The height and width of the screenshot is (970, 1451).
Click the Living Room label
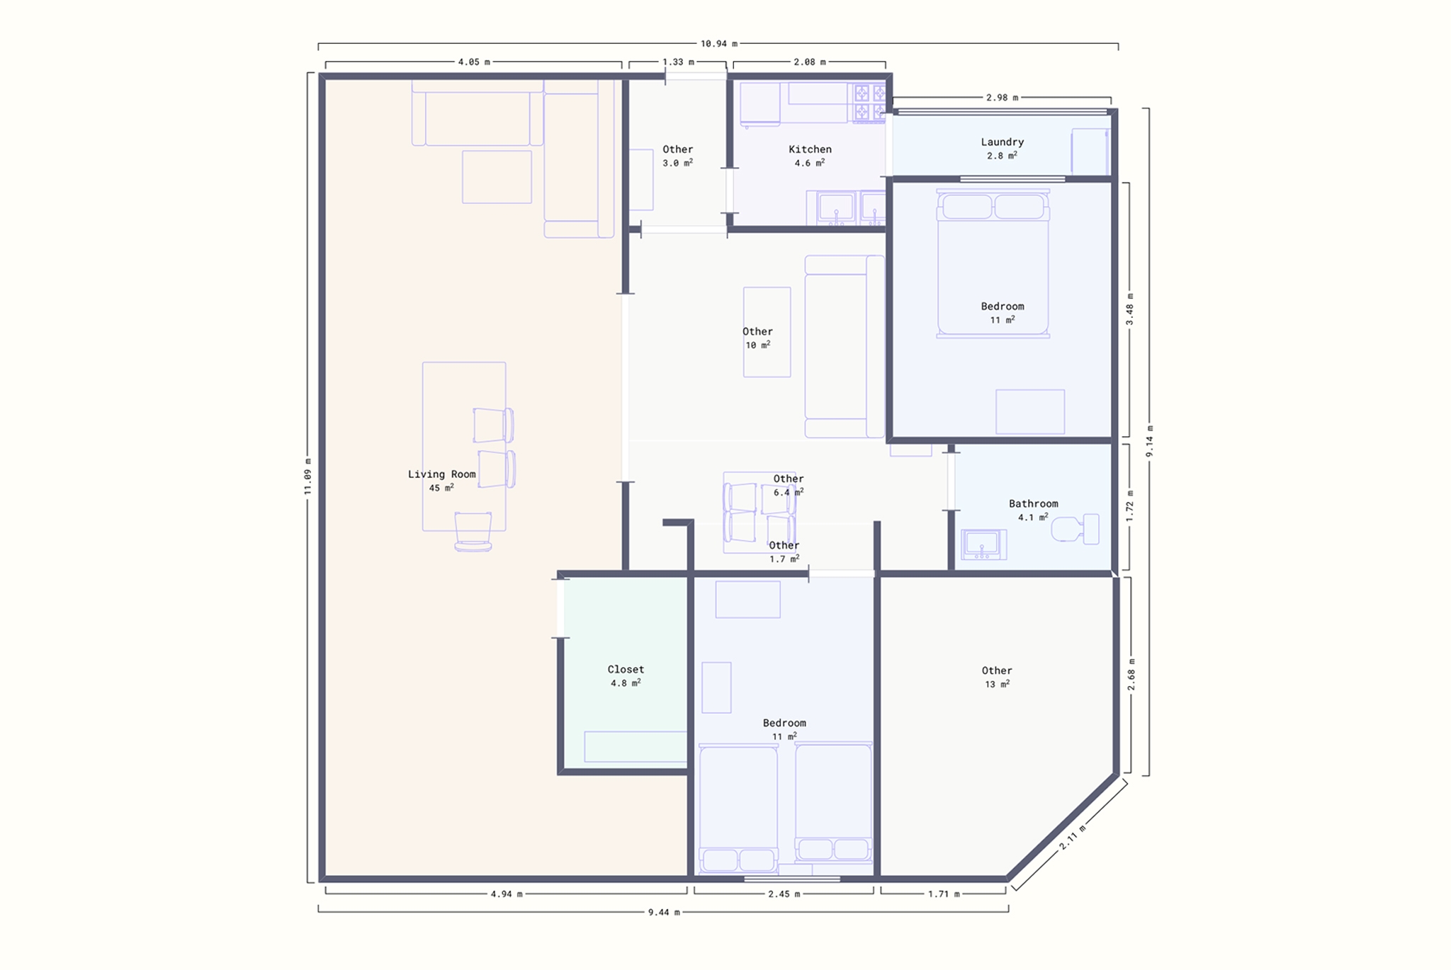tap(441, 474)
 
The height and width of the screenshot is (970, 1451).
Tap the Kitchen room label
tap(810, 149)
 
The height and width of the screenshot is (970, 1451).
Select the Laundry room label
tap(1002, 142)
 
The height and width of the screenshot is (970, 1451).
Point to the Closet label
tap(626, 669)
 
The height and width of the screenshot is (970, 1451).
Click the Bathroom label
tap(1033, 503)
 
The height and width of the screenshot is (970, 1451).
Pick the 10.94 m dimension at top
tap(718, 44)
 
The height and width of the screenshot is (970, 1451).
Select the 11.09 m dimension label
tap(307, 477)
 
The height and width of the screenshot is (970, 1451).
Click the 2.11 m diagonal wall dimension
tap(1072, 837)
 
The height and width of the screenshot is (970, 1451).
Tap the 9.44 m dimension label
tap(663, 912)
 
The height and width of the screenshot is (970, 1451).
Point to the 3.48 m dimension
tap(1129, 309)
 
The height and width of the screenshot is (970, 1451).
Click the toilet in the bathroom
tap(1075, 529)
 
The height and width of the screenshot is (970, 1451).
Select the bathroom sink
tap(983, 544)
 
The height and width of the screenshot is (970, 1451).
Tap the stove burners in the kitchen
tap(869, 103)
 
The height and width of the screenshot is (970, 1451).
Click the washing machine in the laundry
tap(1090, 151)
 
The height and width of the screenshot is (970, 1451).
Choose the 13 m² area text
tap(997, 684)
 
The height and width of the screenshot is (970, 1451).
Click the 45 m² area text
tap(441, 488)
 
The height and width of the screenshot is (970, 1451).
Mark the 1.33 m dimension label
tap(678, 62)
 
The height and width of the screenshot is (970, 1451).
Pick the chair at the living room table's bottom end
tap(473, 531)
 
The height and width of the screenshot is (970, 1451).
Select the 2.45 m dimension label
tap(784, 894)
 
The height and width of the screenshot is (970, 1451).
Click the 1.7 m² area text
tap(784, 559)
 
